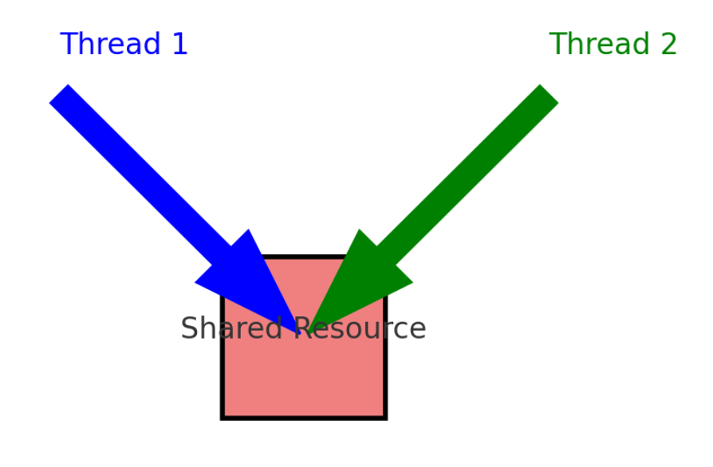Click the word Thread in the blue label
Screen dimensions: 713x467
coord(111,44)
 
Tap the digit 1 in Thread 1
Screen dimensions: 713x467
coord(180,44)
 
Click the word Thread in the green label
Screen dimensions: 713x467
coord(600,44)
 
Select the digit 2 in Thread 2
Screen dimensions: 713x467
coord(669,44)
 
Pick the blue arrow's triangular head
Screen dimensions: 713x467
coord(248,281)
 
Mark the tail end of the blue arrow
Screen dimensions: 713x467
coord(58,93)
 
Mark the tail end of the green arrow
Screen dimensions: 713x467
coord(550,93)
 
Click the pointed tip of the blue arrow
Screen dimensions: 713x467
coord(300,334)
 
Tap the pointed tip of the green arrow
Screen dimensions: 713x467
coord(308,334)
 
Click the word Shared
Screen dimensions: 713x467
coord(231,328)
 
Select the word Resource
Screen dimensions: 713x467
coord(360,328)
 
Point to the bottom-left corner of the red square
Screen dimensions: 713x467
coord(222,418)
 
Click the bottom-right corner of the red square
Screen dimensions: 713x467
coord(385,418)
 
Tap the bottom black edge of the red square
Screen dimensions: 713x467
coord(304,418)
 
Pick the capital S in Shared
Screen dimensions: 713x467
coord(189,328)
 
